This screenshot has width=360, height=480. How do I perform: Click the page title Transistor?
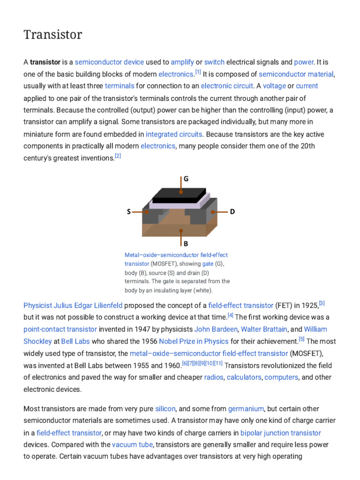click(x=53, y=35)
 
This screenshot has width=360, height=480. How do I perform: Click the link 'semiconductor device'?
click(x=109, y=62)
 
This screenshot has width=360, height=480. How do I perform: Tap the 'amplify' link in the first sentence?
click(x=182, y=62)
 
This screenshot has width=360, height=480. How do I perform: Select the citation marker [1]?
click(x=198, y=72)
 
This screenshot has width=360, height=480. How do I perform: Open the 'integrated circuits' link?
click(x=174, y=134)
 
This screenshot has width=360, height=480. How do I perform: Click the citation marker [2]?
click(x=118, y=156)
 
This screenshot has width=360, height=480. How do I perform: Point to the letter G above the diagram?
click(x=186, y=179)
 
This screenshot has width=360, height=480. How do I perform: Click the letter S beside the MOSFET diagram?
click(x=129, y=212)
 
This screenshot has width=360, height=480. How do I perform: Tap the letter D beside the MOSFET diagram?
click(x=232, y=212)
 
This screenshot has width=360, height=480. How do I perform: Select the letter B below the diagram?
click(x=186, y=243)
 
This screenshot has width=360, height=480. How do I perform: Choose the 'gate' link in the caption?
click(x=208, y=264)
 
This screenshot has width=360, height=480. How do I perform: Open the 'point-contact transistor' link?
click(x=60, y=329)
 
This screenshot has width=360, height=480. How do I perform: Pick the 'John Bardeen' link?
click(x=216, y=329)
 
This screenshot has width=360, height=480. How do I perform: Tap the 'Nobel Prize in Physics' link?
click(x=194, y=341)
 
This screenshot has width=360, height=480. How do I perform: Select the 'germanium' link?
click(x=246, y=409)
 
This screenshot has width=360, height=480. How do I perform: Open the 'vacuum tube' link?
click(x=132, y=444)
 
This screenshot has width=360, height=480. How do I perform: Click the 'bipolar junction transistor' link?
click(x=281, y=433)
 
